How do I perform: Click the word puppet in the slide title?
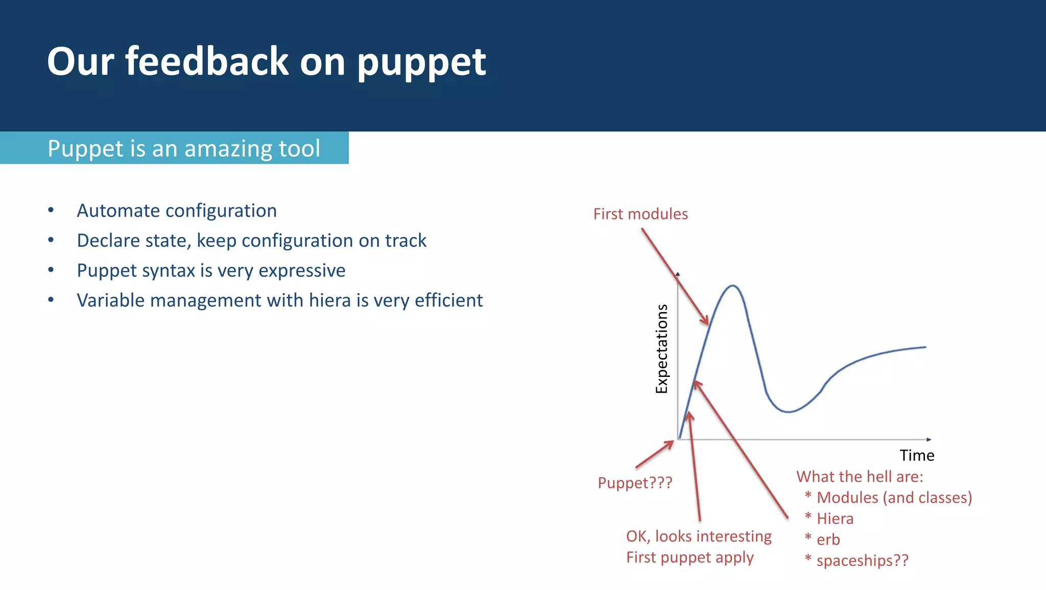pos(421,62)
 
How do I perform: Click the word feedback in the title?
pos(207,61)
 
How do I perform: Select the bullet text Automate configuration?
pos(177,210)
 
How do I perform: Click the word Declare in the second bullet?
pos(106,241)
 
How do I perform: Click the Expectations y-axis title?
pos(661,349)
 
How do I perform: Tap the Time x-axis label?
pos(917,455)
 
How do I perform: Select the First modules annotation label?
pos(640,214)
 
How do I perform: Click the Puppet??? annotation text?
pos(635,483)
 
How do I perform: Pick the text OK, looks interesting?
pos(699,536)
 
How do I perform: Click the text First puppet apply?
pos(690,557)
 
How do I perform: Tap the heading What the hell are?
pos(860,477)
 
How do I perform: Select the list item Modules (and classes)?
pos(894,498)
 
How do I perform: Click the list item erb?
pos(828,539)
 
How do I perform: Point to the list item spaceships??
pos(862,560)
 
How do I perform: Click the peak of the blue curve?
pos(732,286)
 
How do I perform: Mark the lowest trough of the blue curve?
pos(789,412)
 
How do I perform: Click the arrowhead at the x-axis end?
pos(929,439)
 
